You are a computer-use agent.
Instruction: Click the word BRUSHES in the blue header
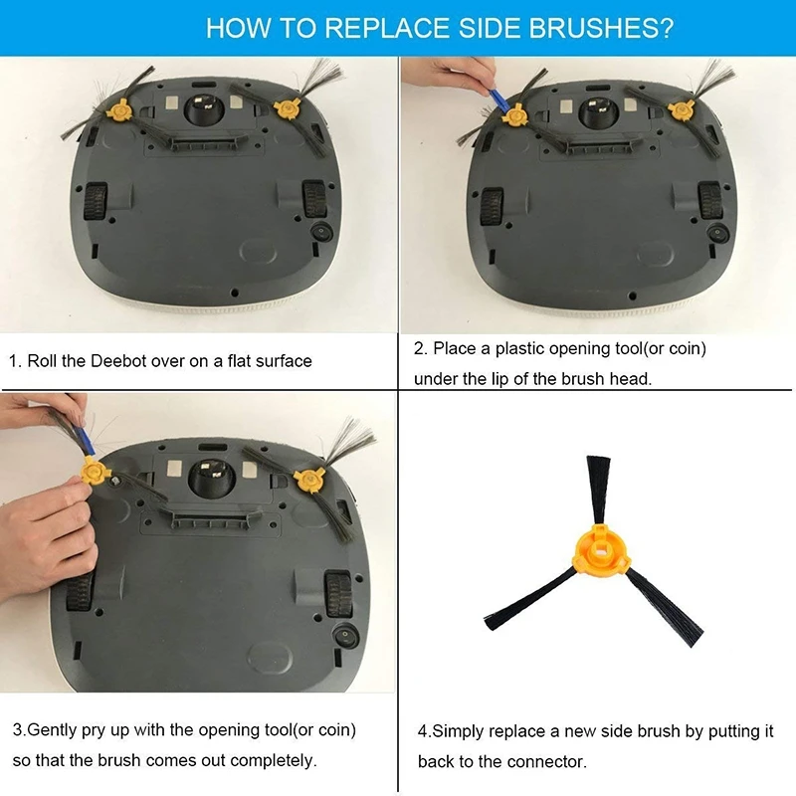coord(602,28)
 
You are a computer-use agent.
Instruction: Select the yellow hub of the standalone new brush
coord(601,552)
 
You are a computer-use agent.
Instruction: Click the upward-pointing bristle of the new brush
coord(599,489)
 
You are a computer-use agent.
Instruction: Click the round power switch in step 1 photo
coord(321,233)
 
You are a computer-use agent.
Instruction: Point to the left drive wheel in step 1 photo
coord(95,201)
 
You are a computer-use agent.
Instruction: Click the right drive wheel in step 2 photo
coord(709,200)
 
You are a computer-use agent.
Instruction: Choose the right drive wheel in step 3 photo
coord(337,593)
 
